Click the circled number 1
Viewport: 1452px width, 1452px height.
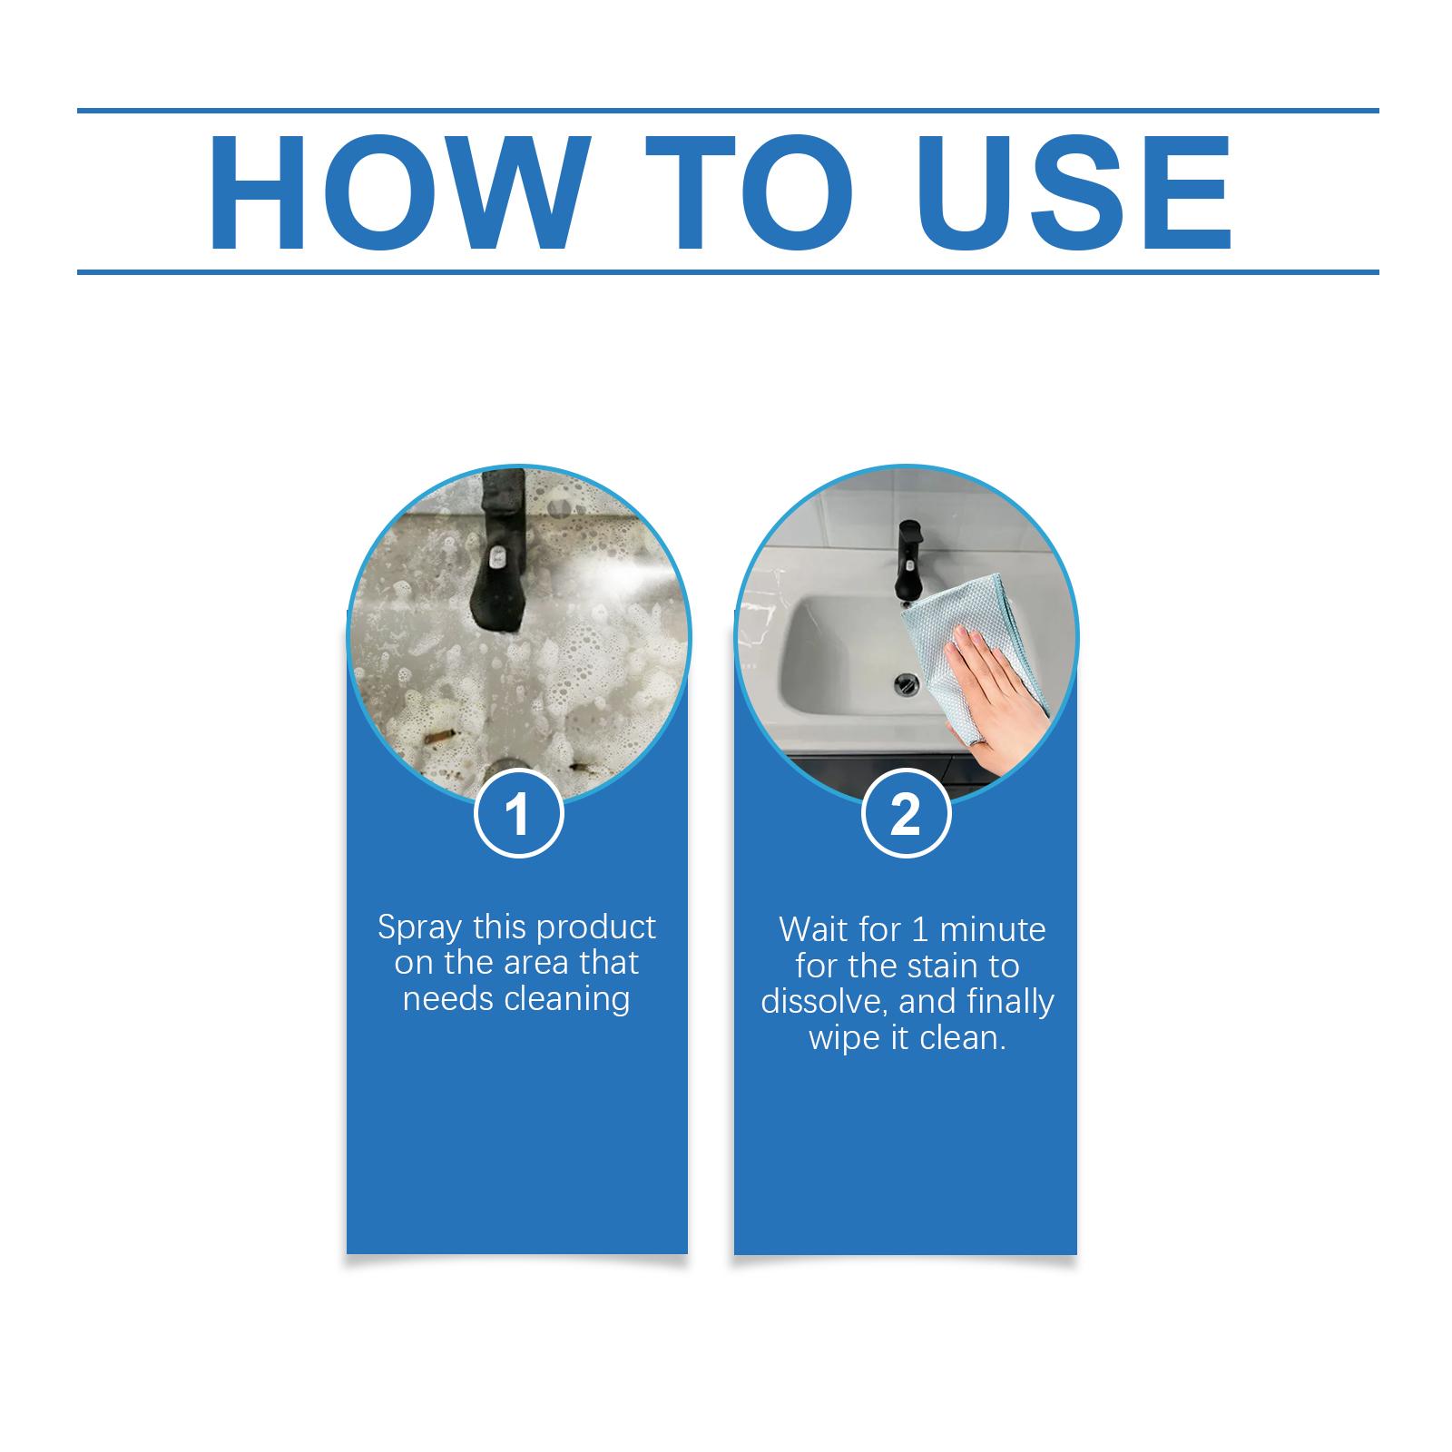click(518, 813)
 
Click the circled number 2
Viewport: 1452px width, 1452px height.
click(905, 813)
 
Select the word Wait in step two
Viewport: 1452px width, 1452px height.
click(809, 930)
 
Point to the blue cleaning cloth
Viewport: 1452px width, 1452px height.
click(980, 617)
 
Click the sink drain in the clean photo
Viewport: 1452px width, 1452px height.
click(906, 680)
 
